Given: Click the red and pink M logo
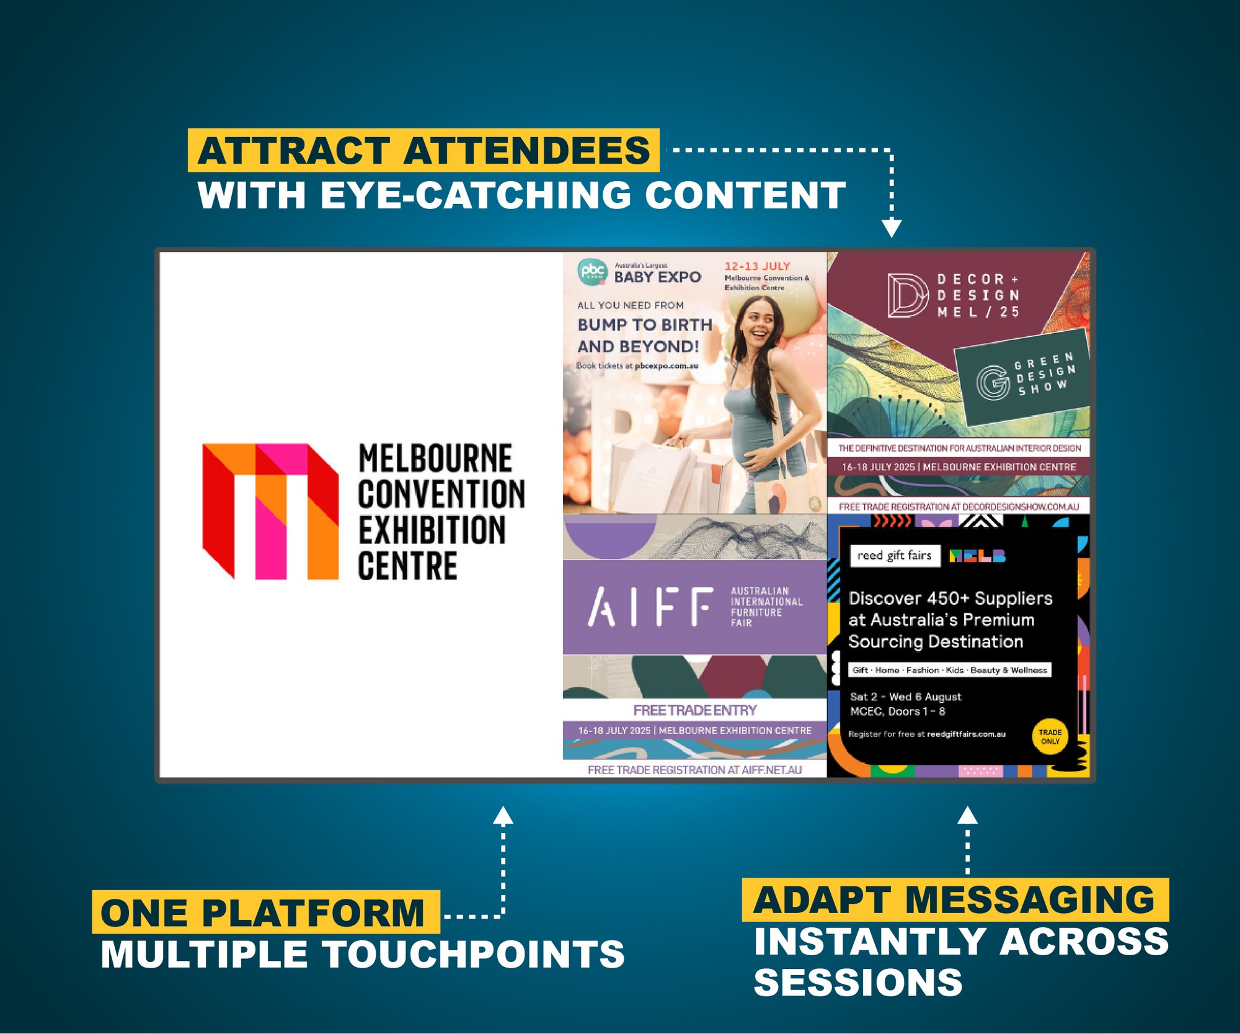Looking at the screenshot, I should click(x=270, y=511).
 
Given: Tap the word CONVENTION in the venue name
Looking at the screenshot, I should click(x=441, y=494).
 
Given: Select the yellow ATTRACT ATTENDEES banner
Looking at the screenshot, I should click(x=423, y=151).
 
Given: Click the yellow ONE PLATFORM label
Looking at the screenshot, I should click(x=265, y=912).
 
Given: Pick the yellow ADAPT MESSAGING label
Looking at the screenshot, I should click(x=955, y=900).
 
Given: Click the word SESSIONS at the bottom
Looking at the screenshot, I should click(x=857, y=983).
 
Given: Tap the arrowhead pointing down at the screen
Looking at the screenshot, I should click(x=892, y=228).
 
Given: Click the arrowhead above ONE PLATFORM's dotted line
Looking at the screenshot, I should click(x=503, y=815).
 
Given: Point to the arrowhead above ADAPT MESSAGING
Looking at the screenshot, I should click(x=967, y=815).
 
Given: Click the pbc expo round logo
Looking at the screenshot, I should click(x=592, y=272).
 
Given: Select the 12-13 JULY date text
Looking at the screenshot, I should click(x=757, y=266).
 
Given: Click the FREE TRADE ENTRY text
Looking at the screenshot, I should click(x=694, y=710).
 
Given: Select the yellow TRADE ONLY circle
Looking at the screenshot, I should click(x=1050, y=737).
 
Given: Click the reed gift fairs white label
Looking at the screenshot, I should click(x=894, y=555).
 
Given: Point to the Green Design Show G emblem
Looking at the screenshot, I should click(x=993, y=382).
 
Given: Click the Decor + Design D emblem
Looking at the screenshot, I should click(x=907, y=295).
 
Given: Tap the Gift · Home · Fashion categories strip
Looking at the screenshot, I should click(x=949, y=670).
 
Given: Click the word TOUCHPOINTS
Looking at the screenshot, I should click(x=474, y=954).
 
